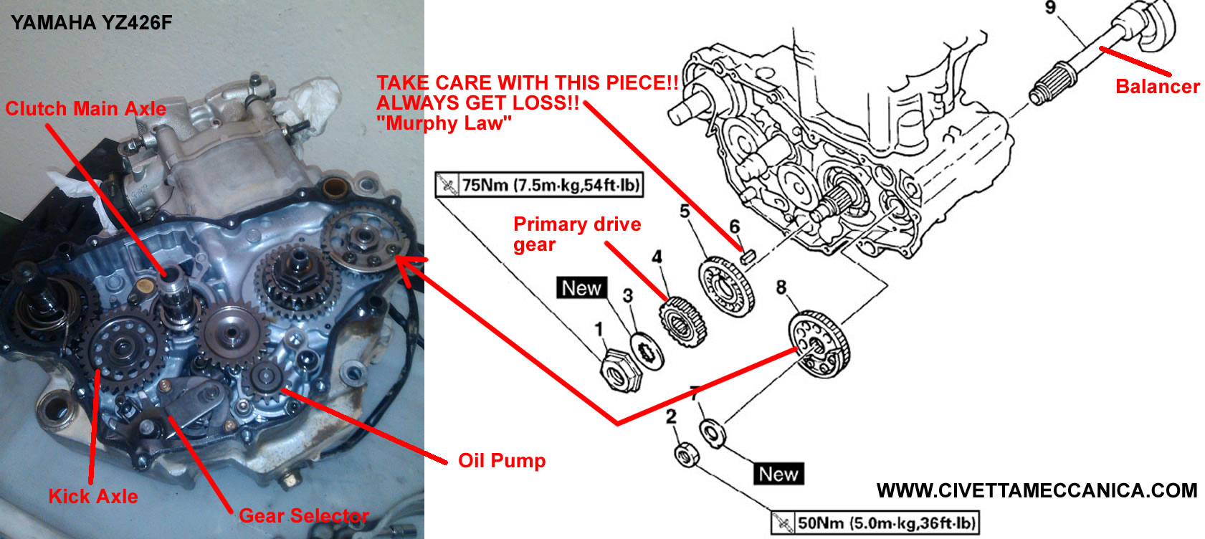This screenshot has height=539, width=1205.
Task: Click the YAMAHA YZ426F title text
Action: pyautogui.click(x=92, y=23)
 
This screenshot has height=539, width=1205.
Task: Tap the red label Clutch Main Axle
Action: pyautogui.click(x=85, y=109)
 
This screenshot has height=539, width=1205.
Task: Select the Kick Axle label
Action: pyautogui.click(x=93, y=496)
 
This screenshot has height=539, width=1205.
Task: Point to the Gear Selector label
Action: pyautogui.click(x=304, y=515)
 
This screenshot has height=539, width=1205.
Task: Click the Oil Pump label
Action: pyautogui.click(x=502, y=460)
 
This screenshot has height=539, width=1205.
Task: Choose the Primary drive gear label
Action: pyautogui.click(x=577, y=234)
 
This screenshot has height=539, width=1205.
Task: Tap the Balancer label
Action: pyautogui.click(x=1158, y=87)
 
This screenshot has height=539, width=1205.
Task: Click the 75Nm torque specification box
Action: pyautogui.click(x=539, y=185)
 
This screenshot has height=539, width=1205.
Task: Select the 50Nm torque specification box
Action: pyautogui.click(x=875, y=523)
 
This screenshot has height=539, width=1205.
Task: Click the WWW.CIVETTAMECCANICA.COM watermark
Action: pyautogui.click(x=1037, y=490)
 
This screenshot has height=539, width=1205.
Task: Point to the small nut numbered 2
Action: pyautogui.click(x=687, y=454)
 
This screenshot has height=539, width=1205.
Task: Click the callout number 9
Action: pyautogui.click(x=1050, y=8)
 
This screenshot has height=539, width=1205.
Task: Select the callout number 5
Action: pyautogui.click(x=685, y=211)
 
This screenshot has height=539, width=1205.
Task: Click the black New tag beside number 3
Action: pyautogui.click(x=581, y=288)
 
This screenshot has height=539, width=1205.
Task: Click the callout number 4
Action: pyautogui.click(x=657, y=257)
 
